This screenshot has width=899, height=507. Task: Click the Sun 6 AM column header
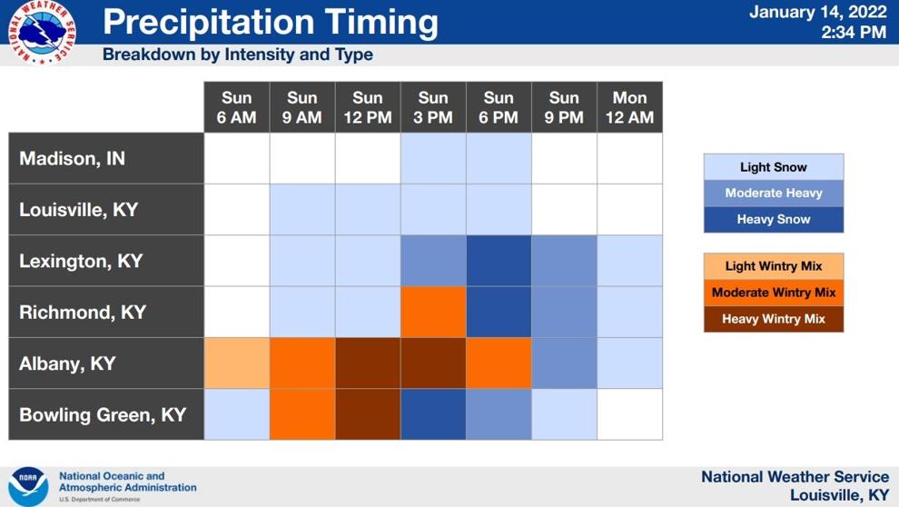237,107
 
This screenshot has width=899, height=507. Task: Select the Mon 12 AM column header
629,107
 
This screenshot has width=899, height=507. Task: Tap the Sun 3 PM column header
433,107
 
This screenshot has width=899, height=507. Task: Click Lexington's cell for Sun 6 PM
499,261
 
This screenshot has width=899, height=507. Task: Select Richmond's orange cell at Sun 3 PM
433,312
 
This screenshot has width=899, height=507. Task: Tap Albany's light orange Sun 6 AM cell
237,363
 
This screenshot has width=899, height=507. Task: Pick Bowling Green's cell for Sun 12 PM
368,414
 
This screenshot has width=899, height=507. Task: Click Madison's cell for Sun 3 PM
433,158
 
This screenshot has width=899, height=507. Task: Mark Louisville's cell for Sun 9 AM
302,209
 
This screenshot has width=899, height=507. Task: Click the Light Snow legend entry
774,167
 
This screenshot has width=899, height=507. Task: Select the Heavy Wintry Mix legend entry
774,319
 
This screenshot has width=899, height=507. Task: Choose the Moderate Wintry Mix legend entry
774,293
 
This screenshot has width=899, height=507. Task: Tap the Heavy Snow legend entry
774,219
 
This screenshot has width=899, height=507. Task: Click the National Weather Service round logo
42,32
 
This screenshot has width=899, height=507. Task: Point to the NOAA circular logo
28,486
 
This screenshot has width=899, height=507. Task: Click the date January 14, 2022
818,12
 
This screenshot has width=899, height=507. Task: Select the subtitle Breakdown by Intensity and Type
237,55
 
